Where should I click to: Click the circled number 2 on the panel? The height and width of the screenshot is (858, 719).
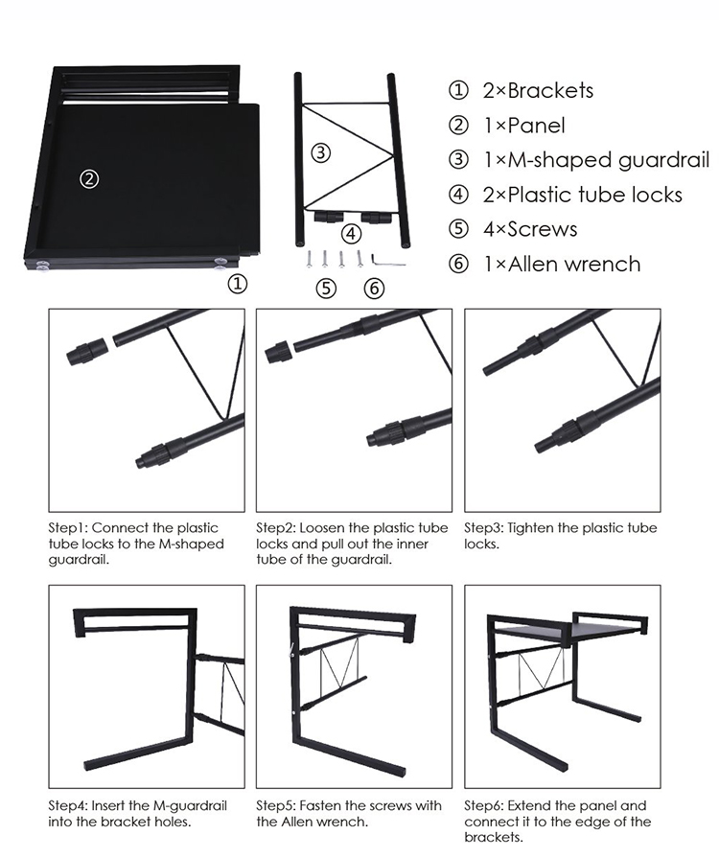(88, 179)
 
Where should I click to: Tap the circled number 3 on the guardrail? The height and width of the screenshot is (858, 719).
(321, 152)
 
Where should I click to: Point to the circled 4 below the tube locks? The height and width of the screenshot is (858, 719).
(352, 233)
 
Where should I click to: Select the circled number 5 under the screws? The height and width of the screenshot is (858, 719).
(326, 288)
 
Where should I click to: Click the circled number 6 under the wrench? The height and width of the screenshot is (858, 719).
(375, 288)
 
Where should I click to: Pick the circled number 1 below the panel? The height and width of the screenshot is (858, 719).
(237, 284)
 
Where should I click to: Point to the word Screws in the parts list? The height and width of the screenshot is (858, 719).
(544, 229)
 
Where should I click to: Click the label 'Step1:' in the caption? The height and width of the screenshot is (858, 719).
(68, 528)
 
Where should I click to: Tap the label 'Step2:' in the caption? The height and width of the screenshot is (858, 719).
(275, 528)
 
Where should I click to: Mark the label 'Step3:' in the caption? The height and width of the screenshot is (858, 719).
(484, 528)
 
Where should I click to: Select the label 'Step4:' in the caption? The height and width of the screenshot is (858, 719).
(68, 805)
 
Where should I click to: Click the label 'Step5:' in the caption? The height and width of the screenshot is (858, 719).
(275, 805)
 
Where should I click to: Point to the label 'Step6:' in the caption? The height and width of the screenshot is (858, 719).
(484, 805)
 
